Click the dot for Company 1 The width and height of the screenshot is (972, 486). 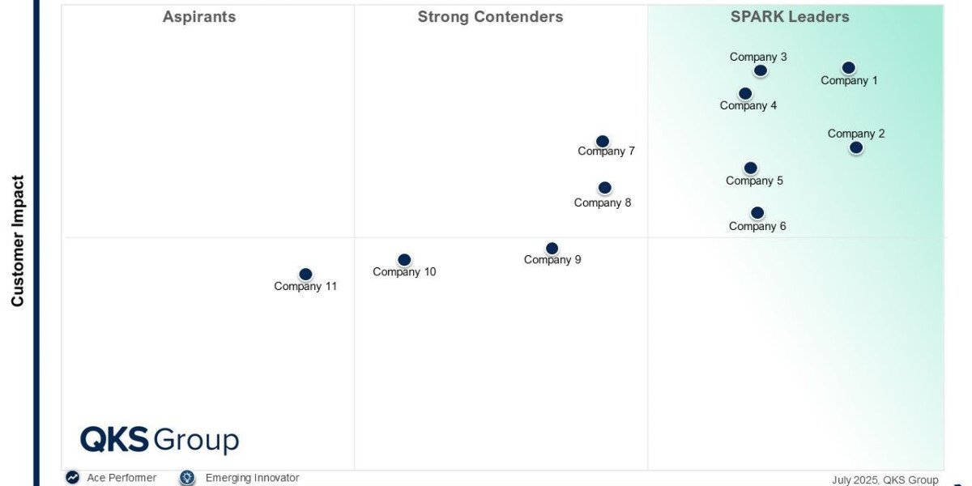coord(848,68)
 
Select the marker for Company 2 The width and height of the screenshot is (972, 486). coord(855,147)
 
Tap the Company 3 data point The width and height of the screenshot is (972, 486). coord(760,70)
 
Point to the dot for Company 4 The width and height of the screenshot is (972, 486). coord(745,93)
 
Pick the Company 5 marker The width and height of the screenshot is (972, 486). coord(751,168)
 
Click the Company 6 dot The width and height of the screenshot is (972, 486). coord(757,212)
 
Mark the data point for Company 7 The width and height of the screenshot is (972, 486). coord(603,141)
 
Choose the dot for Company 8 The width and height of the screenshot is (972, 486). coord(604,187)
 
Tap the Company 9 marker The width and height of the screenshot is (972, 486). coord(552,248)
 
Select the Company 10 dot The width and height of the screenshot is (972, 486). coord(404,259)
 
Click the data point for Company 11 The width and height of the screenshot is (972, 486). coord(305,275)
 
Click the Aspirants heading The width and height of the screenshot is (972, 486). coord(199,16)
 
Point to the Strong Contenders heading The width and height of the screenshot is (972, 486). coord(490,16)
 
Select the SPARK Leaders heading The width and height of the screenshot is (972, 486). coord(790,16)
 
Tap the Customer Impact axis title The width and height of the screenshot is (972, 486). coord(17,241)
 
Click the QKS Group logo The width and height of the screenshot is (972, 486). coord(160,440)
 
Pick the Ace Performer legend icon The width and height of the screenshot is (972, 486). coord(72,477)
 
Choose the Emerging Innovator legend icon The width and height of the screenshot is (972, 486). coord(187,477)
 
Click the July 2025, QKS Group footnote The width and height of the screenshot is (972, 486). coord(885,480)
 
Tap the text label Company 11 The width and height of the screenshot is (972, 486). coord(305,287)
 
